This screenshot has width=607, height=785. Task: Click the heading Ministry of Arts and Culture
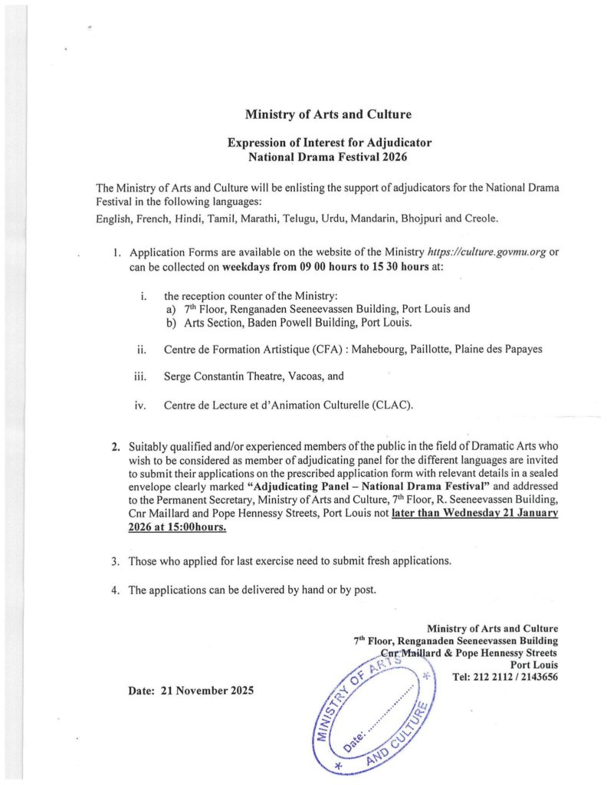(x=328, y=114)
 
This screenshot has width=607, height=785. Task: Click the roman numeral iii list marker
(x=141, y=376)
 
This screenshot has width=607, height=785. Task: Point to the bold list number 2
(x=116, y=445)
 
